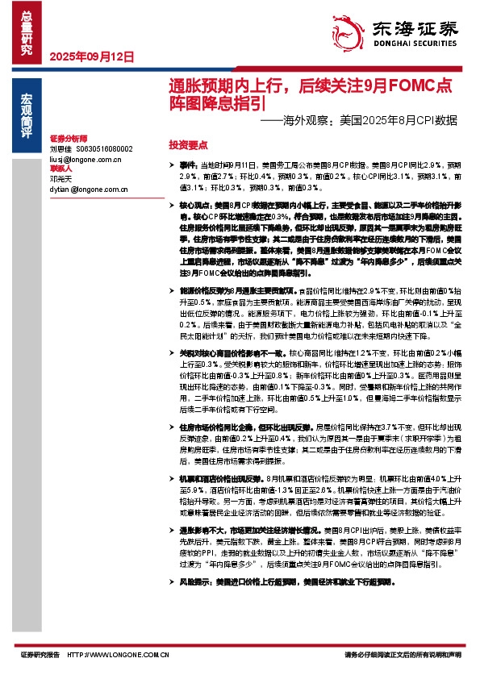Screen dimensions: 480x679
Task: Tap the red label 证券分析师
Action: (67, 140)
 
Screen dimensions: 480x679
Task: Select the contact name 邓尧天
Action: (61, 179)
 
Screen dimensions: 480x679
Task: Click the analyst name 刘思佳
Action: (61, 149)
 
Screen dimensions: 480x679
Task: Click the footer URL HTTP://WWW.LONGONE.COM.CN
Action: (118, 656)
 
